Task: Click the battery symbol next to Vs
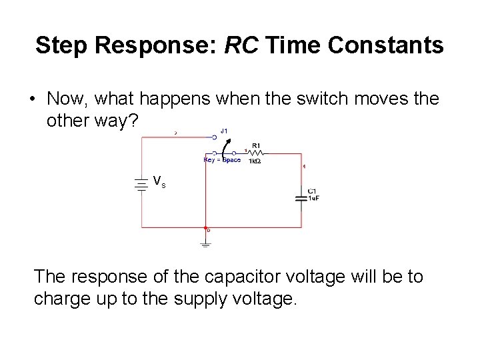[x=141, y=184]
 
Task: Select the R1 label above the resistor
[x=256, y=145]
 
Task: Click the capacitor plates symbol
[x=301, y=197]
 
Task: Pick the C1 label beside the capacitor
[x=312, y=191]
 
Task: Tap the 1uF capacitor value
[x=313, y=198]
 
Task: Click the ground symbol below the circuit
[x=205, y=244]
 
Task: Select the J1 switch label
[x=224, y=131]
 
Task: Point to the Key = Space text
[x=222, y=160]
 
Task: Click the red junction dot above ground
[x=205, y=228]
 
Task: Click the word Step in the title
[x=63, y=45]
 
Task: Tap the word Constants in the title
[x=391, y=45]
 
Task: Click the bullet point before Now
[x=32, y=99]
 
